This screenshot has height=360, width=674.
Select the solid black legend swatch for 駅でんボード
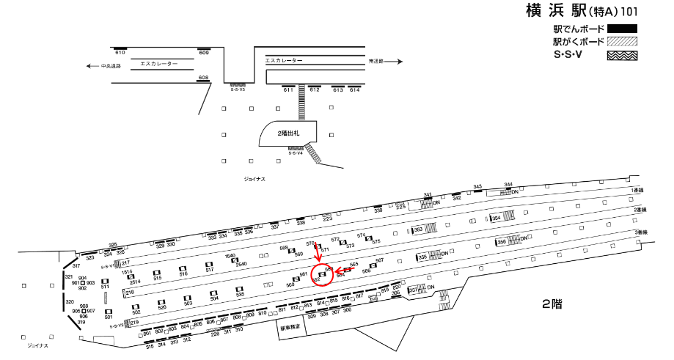(x=621, y=29)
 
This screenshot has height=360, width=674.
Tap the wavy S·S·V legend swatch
(x=621, y=54)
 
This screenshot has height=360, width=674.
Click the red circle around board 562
(x=323, y=274)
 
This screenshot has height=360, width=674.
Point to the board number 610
(x=120, y=54)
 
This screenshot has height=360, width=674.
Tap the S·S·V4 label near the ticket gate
(x=296, y=153)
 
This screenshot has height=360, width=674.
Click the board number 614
(x=355, y=90)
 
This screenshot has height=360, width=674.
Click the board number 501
(x=109, y=317)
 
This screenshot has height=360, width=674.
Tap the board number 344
(x=508, y=185)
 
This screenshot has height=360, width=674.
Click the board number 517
(x=209, y=270)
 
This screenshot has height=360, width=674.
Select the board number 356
(x=502, y=241)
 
